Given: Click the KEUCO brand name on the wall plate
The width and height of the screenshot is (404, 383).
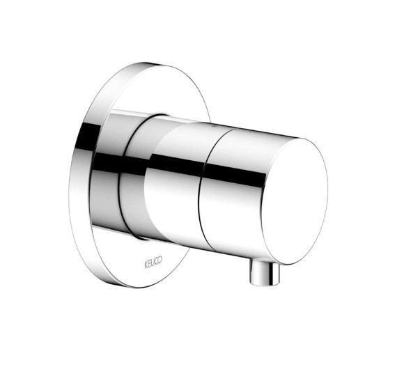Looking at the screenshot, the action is [153, 263].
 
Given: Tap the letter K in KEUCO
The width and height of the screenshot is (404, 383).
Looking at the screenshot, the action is [146, 265].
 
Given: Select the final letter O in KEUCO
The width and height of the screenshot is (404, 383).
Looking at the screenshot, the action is [160, 260].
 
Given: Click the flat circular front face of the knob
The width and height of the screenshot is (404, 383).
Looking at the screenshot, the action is [294, 201].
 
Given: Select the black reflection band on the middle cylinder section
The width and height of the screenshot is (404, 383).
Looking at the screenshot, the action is [176, 162].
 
